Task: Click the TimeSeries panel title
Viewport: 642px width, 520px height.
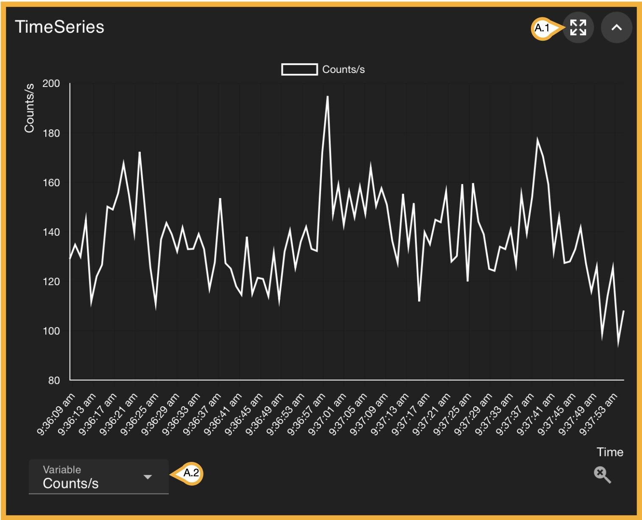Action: point(59,27)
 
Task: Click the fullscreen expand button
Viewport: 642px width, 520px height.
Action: point(578,28)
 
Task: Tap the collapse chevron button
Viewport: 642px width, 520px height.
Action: point(617,28)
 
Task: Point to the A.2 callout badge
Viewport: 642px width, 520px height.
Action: point(191,473)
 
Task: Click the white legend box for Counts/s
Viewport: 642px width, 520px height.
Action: point(299,70)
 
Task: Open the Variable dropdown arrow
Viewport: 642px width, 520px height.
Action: point(148,477)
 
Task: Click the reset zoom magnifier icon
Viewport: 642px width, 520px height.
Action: point(602,475)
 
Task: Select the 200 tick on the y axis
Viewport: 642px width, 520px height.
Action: point(51,84)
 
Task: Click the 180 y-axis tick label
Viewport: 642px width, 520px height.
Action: point(51,133)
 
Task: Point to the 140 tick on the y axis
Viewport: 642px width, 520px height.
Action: point(51,232)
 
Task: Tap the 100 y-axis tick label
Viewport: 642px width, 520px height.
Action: point(51,331)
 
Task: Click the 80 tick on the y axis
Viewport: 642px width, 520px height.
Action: point(54,380)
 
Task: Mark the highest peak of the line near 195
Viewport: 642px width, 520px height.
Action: point(327,97)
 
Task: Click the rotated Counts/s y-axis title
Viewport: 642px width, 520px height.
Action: point(29,108)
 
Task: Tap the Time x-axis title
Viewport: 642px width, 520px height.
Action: point(610,452)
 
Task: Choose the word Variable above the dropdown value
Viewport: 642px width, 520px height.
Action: point(62,470)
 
